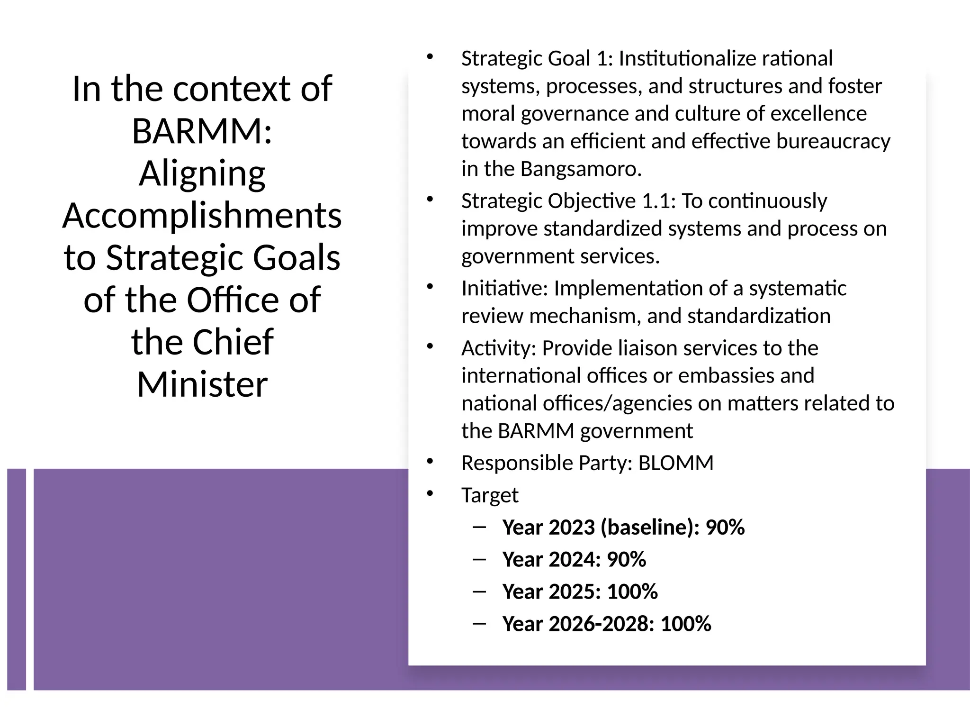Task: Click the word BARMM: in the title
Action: [x=202, y=131]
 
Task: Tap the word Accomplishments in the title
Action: [x=202, y=216]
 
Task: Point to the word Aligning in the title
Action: [x=202, y=174]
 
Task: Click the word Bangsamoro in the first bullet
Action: [x=580, y=169]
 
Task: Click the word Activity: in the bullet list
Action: [x=499, y=348]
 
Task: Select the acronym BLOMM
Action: [x=675, y=463]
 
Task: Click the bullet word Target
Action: [x=490, y=495]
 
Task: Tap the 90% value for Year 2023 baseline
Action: [x=725, y=528]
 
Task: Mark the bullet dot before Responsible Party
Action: [x=430, y=461]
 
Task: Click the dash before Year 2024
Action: [x=479, y=559]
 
